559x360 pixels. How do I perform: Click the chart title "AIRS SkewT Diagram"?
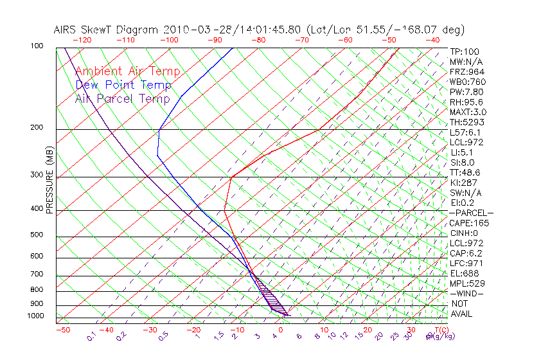(107, 30)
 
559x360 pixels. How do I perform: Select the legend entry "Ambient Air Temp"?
(127, 72)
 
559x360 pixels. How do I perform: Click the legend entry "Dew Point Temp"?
(123, 85)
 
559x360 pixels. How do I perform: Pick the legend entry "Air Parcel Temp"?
(123, 99)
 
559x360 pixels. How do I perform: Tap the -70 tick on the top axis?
(301, 40)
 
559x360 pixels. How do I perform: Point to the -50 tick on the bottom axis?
(62, 330)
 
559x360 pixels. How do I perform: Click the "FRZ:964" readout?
(466, 71)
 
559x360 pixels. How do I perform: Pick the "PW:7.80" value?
(466, 92)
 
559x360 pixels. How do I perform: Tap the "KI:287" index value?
(464, 183)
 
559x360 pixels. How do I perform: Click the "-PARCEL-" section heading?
(471, 213)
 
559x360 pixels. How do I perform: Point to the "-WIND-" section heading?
(467, 294)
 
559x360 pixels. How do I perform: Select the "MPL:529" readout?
(466, 283)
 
